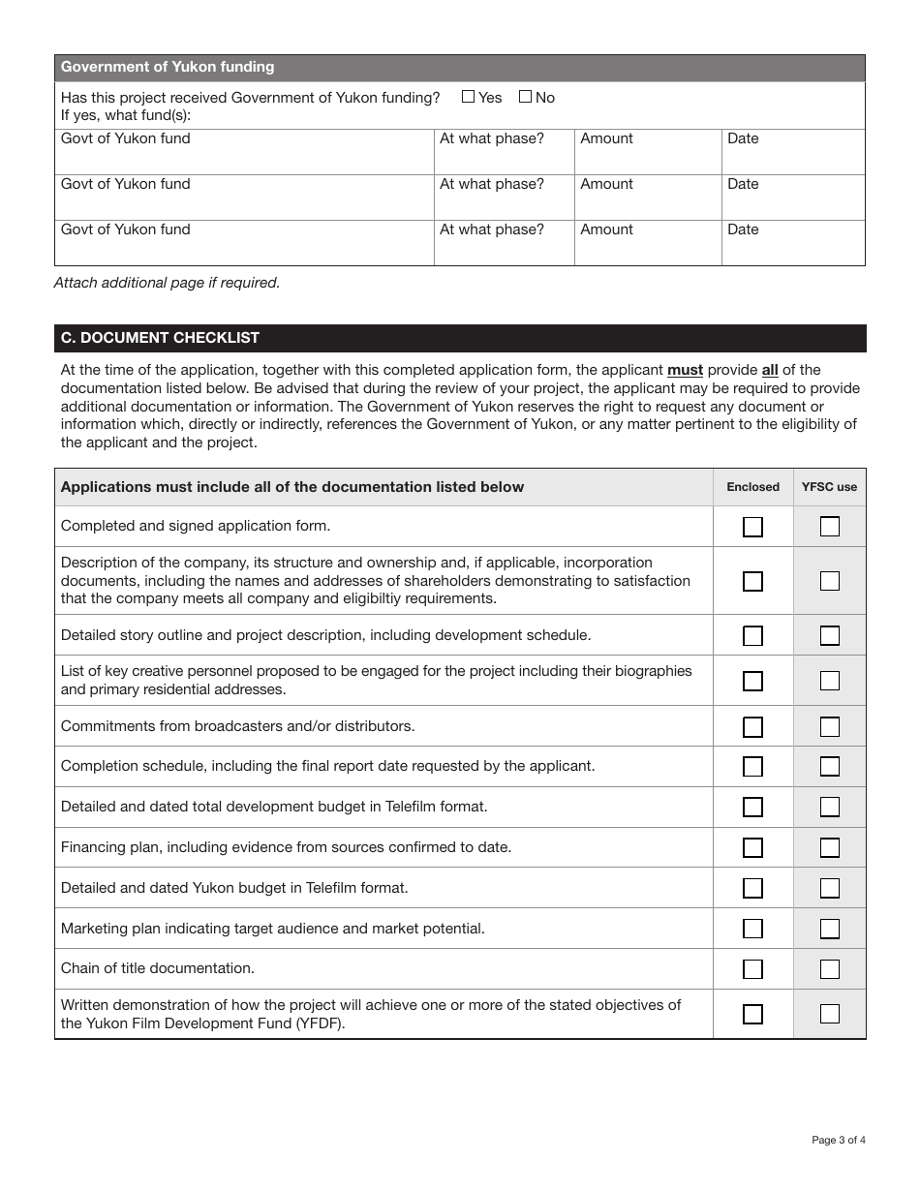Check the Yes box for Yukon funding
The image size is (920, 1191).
(469, 97)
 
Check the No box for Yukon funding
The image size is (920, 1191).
(525, 97)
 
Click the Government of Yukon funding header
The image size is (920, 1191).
(168, 67)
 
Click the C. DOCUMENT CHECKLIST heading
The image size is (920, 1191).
(160, 338)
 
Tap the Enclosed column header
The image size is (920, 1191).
(752, 487)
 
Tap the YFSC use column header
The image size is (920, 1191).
(829, 487)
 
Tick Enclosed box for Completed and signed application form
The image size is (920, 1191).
(752, 527)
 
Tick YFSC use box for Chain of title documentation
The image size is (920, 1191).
(830, 969)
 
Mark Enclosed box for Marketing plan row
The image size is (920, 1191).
(752, 929)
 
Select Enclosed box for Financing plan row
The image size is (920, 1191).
(752, 847)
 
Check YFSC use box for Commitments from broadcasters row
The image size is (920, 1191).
(830, 726)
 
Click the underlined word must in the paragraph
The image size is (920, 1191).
(685, 370)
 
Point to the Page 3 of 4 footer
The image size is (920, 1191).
(838, 1140)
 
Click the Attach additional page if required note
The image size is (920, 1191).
(167, 283)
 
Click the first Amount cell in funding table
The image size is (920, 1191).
(647, 152)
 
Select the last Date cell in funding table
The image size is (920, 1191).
(792, 243)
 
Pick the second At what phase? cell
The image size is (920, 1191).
(504, 198)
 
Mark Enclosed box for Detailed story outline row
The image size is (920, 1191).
(752, 636)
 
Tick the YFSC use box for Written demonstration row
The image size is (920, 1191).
(830, 1014)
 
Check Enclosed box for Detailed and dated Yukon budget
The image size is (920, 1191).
(752, 888)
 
